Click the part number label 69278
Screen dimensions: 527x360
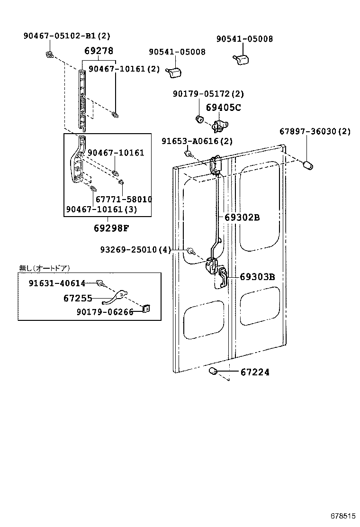pyautogui.click(x=99, y=51)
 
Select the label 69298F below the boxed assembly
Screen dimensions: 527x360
pyautogui.click(x=111, y=228)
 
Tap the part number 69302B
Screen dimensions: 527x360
pyautogui.click(x=242, y=218)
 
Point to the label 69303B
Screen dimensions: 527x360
pyautogui.click(x=257, y=277)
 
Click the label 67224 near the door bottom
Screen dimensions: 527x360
pyautogui.click(x=255, y=373)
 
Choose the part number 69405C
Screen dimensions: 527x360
pyautogui.click(x=223, y=108)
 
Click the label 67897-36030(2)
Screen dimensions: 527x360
pyautogui.click(x=315, y=131)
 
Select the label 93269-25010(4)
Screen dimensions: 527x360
pyautogui.click(x=135, y=249)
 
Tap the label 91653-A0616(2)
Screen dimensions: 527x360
pyautogui.click(x=197, y=141)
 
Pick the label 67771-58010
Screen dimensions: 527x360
pyautogui.click(x=124, y=200)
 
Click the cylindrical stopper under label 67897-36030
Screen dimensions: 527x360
pyautogui.click(x=308, y=165)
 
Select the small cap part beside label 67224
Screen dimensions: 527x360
pyautogui.click(x=213, y=371)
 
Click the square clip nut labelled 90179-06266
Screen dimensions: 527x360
pyautogui.click(x=146, y=309)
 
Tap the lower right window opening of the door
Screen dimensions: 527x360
pyautogui.click(x=259, y=309)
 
